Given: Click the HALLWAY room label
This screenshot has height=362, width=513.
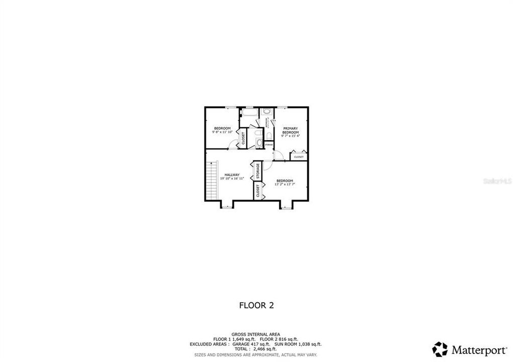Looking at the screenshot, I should coord(232,175).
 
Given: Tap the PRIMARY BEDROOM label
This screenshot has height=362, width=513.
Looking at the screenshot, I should coord(290,130).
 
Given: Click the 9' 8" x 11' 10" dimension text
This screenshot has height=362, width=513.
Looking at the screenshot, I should coord(222,132).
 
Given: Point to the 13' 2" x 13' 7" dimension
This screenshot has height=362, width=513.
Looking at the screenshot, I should coord(285,184).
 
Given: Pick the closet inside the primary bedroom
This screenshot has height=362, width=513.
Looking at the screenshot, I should coord(299,157).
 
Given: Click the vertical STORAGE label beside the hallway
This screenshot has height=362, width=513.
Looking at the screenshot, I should coord(258,171).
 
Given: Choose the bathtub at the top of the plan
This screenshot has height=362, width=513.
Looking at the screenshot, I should coord(249,113).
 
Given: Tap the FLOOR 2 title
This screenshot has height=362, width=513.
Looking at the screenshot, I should coord(256,305).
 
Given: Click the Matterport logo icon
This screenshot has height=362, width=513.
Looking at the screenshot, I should coord(440,349).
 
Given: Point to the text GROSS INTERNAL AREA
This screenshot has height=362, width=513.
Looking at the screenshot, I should coord(256,334).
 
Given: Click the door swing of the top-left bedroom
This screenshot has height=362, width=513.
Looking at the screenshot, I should coord(231,145).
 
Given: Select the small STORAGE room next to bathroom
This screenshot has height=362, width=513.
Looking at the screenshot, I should coord(269,145).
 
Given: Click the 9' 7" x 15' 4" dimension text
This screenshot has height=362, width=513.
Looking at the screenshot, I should coord(290,136).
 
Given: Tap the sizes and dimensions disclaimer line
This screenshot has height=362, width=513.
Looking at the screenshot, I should coord(256,354).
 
